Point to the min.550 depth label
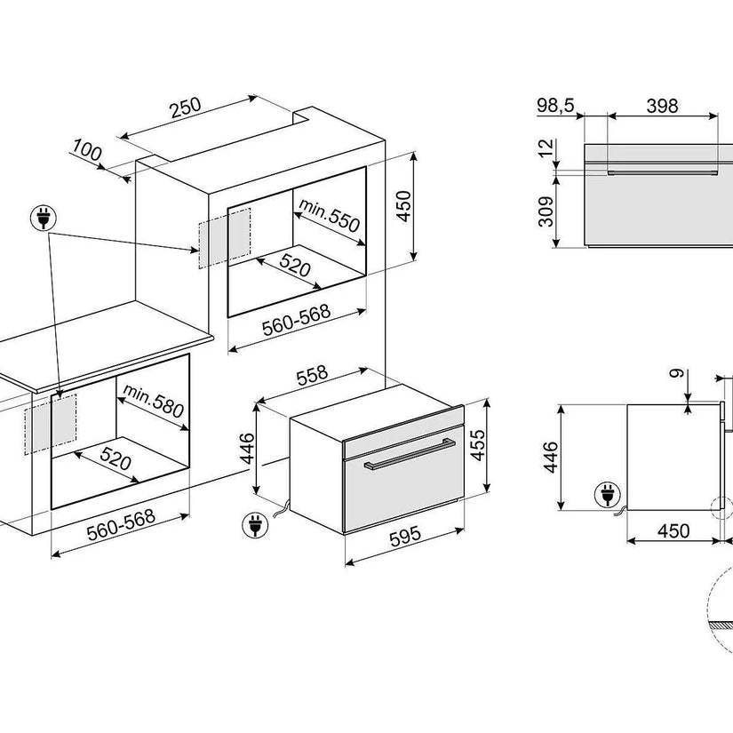tap(329, 216)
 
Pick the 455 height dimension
tap(476, 443)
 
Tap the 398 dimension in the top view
tap(661, 106)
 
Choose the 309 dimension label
tap(546, 211)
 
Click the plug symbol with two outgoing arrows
tap(43, 216)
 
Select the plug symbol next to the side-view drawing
tap(607, 494)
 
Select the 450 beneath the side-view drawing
tap(673, 530)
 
